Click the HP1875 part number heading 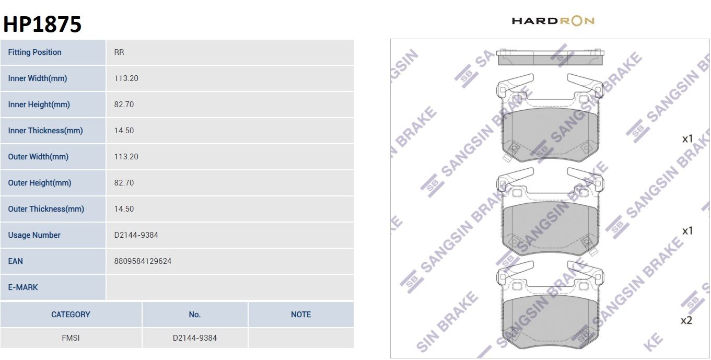click(42, 24)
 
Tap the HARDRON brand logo click(553, 21)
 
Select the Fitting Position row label click(34, 52)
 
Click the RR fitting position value click(119, 52)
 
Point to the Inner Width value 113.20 click(126, 78)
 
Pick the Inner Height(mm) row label click(39, 104)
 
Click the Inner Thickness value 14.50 click(124, 131)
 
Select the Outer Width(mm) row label click(38, 157)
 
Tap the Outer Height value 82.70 click(124, 182)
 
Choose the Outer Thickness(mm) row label click(46, 209)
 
